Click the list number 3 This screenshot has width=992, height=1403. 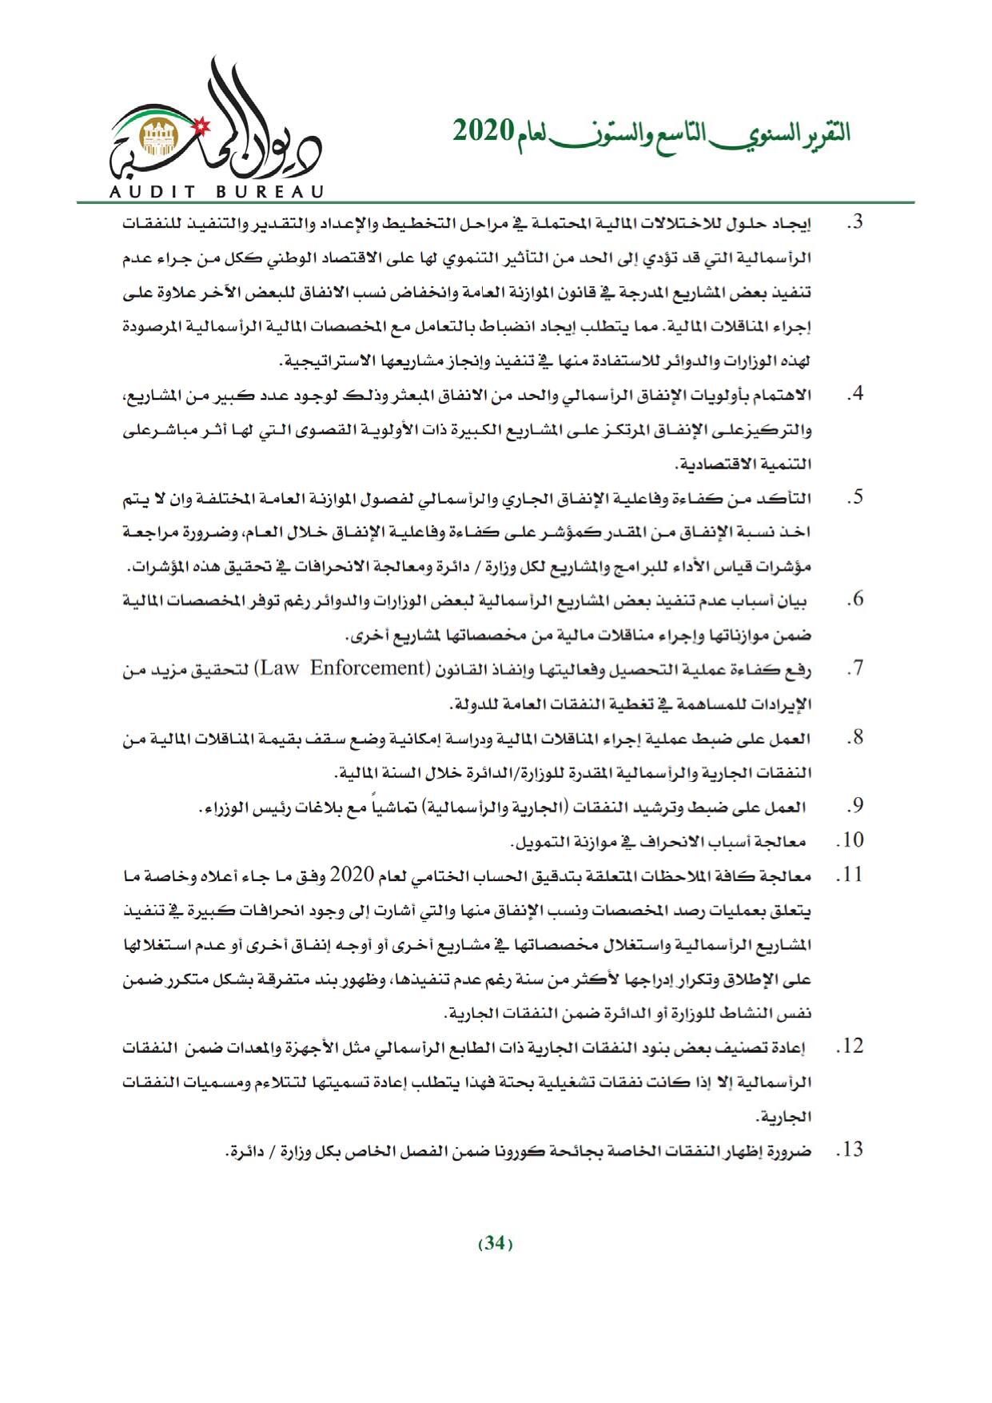[x=855, y=223]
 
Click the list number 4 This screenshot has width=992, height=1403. [x=855, y=395]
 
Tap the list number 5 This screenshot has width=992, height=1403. [x=855, y=497]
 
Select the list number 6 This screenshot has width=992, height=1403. [x=855, y=600]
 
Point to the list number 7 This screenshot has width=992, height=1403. [x=855, y=668]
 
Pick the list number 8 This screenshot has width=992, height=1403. [x=855, y=737]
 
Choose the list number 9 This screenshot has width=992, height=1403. [x=855, y=806]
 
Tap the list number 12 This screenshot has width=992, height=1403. [x=849, y=1046]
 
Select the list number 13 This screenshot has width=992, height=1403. [x=849, y=1150]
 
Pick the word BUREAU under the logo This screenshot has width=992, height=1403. [x=269, y=192]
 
